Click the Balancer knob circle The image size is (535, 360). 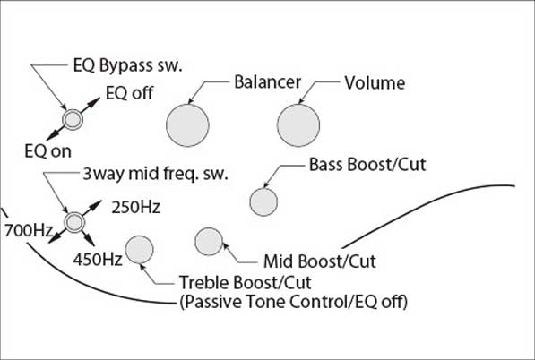(x=187, y=125)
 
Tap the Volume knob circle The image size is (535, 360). (x=298, y=125)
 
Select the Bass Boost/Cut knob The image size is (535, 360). (x=263, y=201)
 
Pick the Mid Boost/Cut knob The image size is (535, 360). (x=209, y=242)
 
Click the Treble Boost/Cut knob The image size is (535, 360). (x=139, y=250)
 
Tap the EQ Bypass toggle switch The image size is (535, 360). (x=73, y=119)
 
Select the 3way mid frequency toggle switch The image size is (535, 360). (x=74, y=222)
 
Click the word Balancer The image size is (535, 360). (x=267, y=82)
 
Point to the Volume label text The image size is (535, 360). (x=375, y=83)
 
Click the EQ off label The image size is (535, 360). (x=129, y=93)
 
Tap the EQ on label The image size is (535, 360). (x=48, y=151)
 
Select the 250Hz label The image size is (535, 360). (x=136, y=207)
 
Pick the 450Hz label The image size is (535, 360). (x=98, y=260)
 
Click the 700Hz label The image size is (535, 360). (x=29, y=231)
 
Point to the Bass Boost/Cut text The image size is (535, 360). (x=367, y=165)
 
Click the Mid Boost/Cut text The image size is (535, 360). (x=320, y=261)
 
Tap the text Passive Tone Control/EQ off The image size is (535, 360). (x=293, y=302)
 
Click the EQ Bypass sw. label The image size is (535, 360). (x=127, y=65)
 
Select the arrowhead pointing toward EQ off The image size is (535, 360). (x=96, y=100)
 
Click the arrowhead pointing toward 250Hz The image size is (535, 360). (x=97, y=203)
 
